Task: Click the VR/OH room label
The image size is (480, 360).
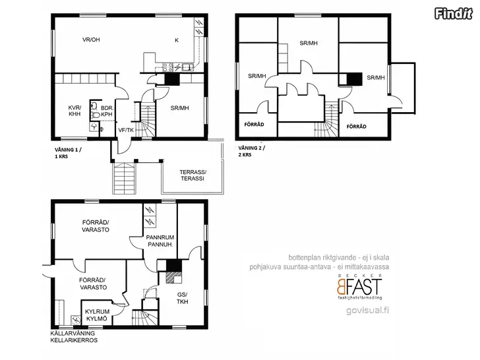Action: [x=91, y=40]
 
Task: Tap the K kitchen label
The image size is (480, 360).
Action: [x=177, y=40]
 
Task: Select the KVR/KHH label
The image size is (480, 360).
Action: [x=75, y=111]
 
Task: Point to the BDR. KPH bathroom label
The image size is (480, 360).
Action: [x=107, y=111]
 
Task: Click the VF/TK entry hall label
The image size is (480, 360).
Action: [x=126, y=131]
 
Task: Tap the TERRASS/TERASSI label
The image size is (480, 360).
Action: [x=193, y=175]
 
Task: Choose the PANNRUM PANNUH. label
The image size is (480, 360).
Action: [x=160, y=241]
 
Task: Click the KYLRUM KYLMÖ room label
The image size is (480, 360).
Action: [x=97, y=315]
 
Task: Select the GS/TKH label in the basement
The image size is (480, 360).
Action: [x=182, y=298]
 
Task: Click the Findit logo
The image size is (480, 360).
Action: [x=454, y=13]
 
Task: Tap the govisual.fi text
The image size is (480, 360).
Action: [x=368, y=311]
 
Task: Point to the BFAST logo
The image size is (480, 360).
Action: [x=360, y=287]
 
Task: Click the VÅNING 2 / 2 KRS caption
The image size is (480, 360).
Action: [x=252, y=151]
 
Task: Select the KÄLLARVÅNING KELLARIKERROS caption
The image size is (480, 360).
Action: [x=74, y=337]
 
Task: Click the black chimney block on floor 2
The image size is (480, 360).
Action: [x=355, y=79]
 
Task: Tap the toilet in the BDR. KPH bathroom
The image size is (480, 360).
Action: [x=96, y=115]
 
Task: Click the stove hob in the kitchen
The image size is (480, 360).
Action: [x=167, y=67]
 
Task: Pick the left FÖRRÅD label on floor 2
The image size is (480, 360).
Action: [x=254, y=125]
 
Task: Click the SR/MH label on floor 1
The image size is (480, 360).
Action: [x=180, y=108]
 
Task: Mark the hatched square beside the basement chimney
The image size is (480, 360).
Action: [x=170, y=278]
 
